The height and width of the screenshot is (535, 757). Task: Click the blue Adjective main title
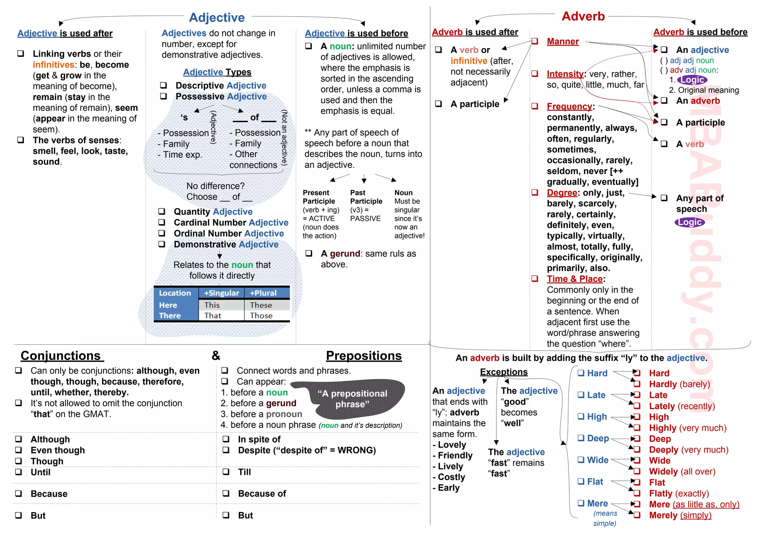(x=217, y=17)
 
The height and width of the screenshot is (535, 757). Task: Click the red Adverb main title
(x=583, y=16)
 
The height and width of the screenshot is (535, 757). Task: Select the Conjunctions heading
(x=61, y=355)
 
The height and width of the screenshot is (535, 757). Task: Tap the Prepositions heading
(x=364, y=355)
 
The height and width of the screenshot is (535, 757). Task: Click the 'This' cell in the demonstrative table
(x=212, y=305)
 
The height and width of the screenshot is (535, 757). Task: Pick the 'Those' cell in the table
(x=261, y=316)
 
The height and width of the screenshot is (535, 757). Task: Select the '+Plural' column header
(x=263, y=293)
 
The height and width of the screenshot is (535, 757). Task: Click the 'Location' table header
(x=175, y=293)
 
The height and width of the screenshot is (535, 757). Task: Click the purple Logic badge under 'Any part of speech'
(x=690, y=222)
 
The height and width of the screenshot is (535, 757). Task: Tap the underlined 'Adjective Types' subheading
(x=217, y=72)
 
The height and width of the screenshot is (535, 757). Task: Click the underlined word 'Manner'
(x=563, y=41)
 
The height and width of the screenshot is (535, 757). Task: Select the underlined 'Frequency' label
(x=569, y=106)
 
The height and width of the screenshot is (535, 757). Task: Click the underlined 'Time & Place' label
(x=574, y=279)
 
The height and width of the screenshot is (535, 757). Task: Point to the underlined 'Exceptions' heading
(x=504, y=372)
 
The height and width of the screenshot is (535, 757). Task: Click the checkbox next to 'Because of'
(x=226, y=493)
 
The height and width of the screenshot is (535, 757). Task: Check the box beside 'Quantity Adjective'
(x=162, y=211)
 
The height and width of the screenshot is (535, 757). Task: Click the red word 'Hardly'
(x=663, y=384)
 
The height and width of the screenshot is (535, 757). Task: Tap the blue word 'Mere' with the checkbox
(x=597, y=503)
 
